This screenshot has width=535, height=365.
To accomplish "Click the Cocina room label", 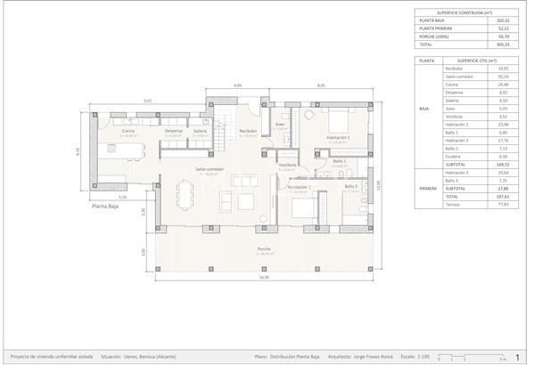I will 128,131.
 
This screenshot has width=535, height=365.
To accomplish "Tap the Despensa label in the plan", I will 173,131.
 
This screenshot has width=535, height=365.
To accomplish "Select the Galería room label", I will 200,131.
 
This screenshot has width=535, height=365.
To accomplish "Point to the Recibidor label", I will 248,131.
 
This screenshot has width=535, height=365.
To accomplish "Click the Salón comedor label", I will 210,169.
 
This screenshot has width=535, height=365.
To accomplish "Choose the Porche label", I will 264,248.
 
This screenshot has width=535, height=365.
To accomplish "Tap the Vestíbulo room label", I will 287,165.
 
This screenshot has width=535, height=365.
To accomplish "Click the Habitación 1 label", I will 298,187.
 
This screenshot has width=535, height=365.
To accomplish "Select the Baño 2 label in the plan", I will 351,186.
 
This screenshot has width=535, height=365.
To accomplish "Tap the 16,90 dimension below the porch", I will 264,278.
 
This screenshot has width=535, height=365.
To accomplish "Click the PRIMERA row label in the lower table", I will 426,189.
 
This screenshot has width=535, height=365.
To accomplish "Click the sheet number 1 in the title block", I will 517,356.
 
